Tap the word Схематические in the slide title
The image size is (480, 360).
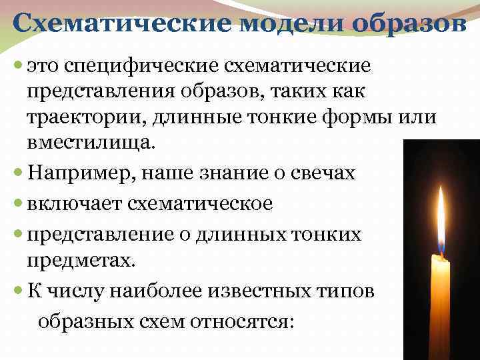[123, 25]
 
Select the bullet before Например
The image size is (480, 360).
[17, 174]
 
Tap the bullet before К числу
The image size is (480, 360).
[17, 291]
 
